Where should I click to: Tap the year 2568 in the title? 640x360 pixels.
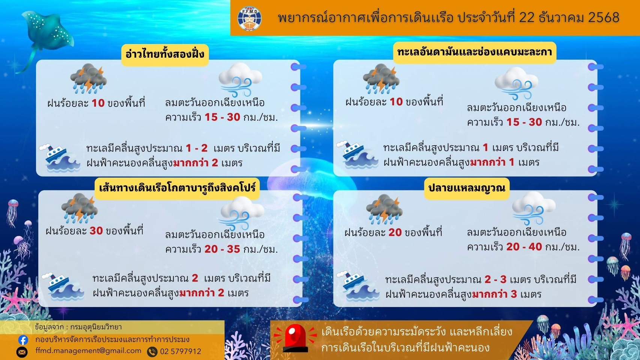coord(604,18)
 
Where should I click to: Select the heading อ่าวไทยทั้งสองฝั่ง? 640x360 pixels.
coord(165,54)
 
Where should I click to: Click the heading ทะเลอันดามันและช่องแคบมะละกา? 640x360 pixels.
coord(474,52)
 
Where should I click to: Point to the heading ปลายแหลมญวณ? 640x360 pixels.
coord(467,187)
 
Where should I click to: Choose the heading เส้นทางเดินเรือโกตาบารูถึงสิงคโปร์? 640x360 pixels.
coord(177,187)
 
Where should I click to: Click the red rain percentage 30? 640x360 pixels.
coord(96,231)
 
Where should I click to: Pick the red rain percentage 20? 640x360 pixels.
coord(395,232)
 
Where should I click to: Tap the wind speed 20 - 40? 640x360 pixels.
coord(524,247)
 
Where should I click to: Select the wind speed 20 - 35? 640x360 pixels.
coord(222,249)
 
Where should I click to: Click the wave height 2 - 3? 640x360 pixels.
coord(495,280)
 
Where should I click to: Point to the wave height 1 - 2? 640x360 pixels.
coord(197,148)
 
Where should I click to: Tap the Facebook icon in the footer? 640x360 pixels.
coord(23,340)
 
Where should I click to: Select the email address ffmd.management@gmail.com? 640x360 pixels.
coord(88,351)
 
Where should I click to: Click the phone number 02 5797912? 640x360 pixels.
coord(180,351)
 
